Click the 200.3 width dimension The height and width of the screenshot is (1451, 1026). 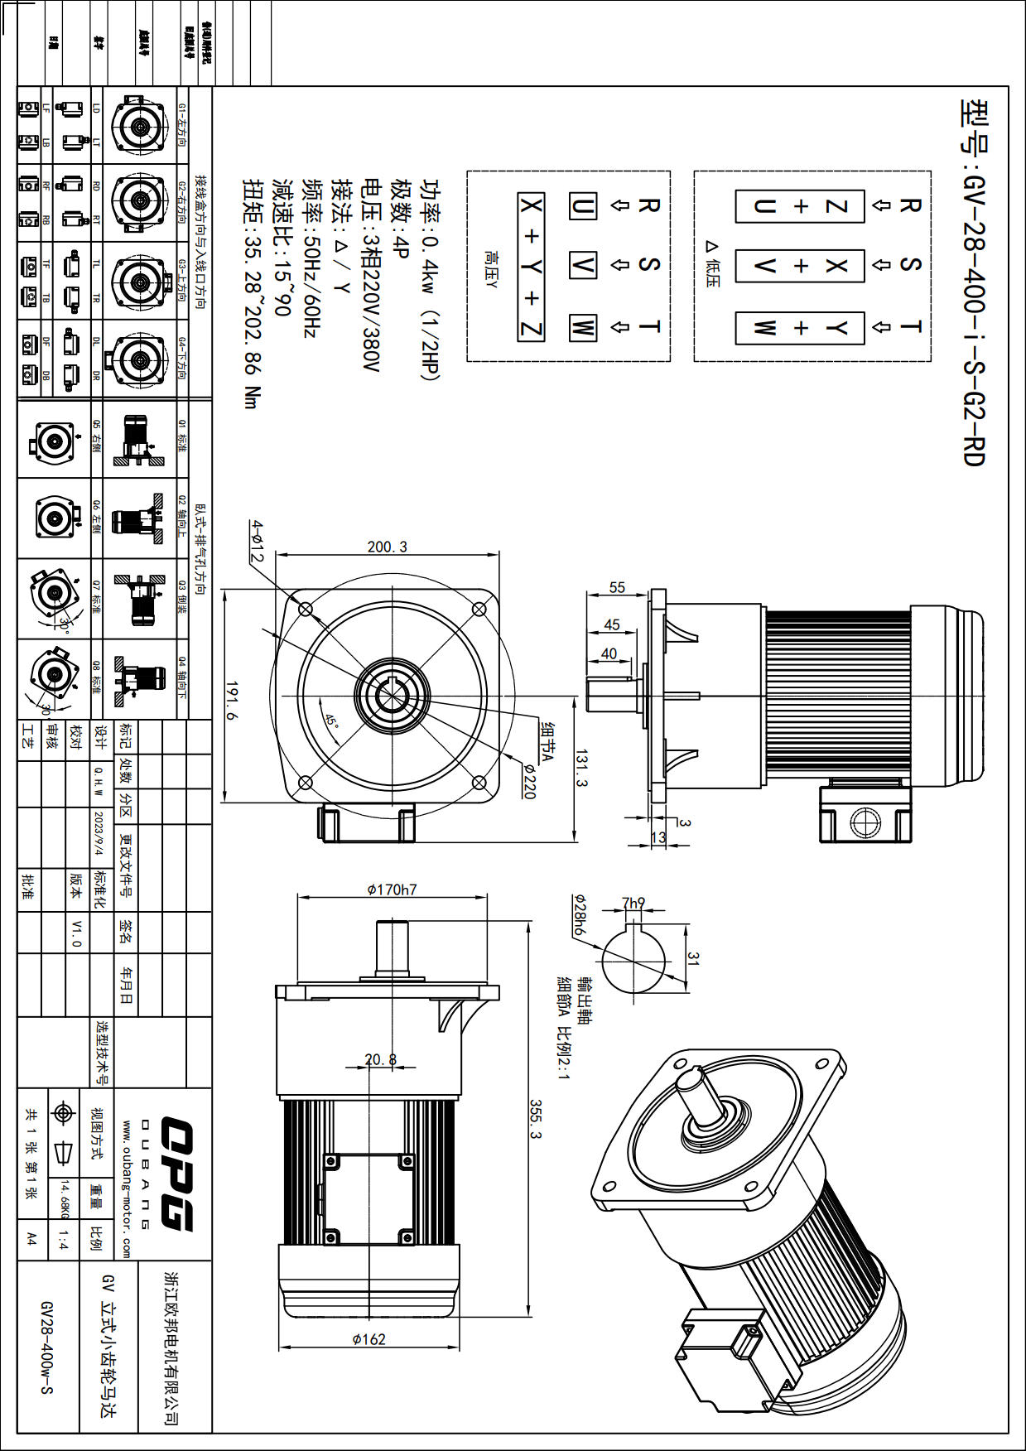point(388,547)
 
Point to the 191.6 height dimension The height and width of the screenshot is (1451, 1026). point(233,701)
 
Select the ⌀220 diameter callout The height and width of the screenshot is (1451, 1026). point(528,780)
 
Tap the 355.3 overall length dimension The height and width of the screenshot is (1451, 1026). point(536,1119)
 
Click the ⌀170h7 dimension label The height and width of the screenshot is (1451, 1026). point(392,889)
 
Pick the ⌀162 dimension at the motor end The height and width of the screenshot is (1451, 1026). point(368,1339)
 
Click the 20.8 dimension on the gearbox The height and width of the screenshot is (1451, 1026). point(380,1059)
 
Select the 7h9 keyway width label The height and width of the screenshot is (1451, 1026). point(633,903)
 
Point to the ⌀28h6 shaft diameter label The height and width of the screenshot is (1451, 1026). point(580,915)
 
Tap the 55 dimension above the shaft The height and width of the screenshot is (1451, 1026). point(617,587)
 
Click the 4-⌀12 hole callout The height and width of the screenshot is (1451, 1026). point(258,542)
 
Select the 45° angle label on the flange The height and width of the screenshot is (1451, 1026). point(331,721)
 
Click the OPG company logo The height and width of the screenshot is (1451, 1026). point(176,1174)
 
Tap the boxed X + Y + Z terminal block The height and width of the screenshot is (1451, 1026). point(531,267)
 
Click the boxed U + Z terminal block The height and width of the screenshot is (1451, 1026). point(800,206)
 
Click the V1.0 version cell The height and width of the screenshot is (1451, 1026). point(77,933)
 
